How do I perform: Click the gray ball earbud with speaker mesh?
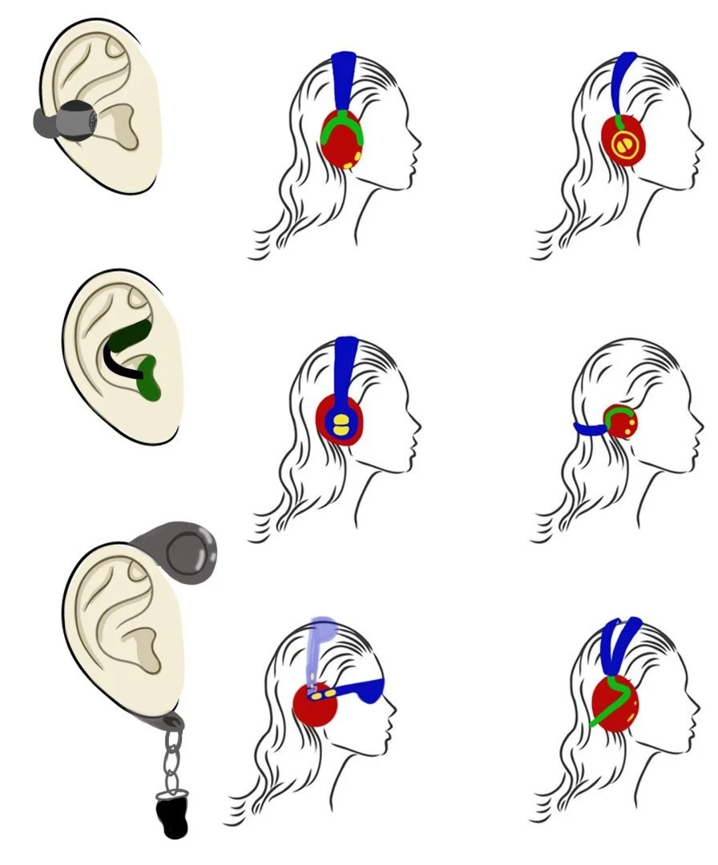[79, 120]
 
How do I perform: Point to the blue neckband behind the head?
[590, 429]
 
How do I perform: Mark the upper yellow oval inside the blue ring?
[341, 418]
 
